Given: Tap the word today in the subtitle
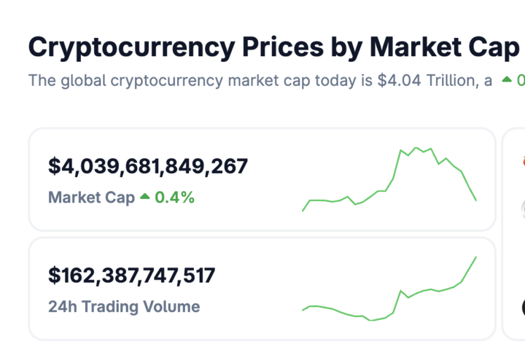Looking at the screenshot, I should coord(335,80).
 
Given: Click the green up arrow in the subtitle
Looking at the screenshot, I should coord(507,80).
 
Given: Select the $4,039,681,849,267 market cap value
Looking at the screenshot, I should coord(148,166).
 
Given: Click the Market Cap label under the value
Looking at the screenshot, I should coord(91,197).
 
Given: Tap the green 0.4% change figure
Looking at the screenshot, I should coord(174,197).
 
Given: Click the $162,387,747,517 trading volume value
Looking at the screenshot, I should coord(132,275).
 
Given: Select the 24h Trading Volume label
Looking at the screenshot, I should coord(124,306).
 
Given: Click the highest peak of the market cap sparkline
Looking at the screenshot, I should coord(416,148).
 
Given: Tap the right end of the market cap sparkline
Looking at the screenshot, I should coord(476,200).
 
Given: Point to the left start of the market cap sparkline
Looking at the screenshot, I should coord(303,211).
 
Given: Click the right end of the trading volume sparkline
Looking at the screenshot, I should coord(476,257).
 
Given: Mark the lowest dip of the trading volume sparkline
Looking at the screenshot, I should coord(371,321).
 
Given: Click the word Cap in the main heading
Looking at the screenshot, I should coord(493,47).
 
